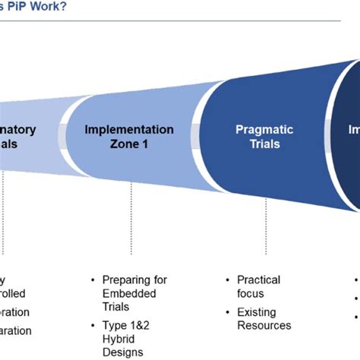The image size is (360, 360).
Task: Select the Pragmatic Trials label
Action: click(x=257, y=137)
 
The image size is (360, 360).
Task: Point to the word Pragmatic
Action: click(x=257, y=130)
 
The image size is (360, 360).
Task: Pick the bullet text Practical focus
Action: click(x=258, y=286)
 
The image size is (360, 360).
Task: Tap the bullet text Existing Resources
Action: click(x=263, y=319)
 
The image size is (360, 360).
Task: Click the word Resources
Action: click(x=264, y=326)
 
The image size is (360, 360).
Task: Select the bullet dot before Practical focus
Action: click(x=229, y=280)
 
